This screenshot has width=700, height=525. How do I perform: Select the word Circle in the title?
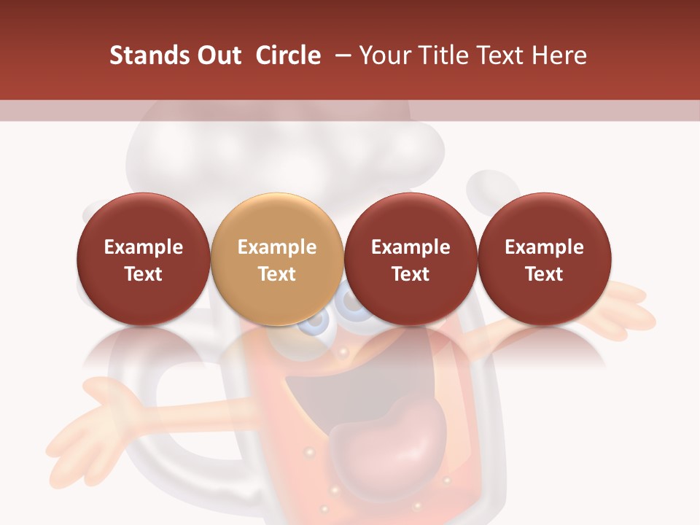point(288,55)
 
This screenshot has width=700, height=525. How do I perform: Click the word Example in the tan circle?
point(277,247)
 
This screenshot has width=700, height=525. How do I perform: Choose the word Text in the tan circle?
point(277,274)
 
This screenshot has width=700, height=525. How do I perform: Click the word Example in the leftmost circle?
point(144,247)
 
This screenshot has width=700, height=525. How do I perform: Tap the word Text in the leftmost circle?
point(144,274)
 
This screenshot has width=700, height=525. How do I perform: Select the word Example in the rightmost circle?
point(545,247)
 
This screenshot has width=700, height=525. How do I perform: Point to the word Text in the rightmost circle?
point(545,274)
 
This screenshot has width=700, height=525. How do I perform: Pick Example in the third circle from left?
point(411,247)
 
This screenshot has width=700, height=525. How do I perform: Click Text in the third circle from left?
point(411,274)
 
